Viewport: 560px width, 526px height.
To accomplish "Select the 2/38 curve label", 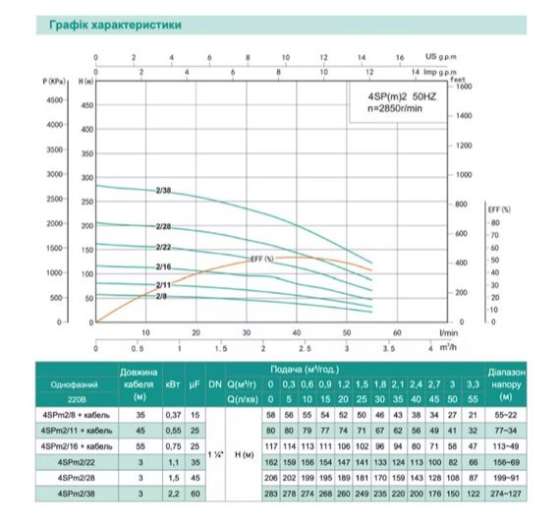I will point(164,190).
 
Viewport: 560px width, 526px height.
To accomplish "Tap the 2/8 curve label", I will point(161,295).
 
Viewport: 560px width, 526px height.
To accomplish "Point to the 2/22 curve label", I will point(164,247).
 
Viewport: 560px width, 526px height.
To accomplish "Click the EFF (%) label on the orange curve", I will point(261,258).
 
